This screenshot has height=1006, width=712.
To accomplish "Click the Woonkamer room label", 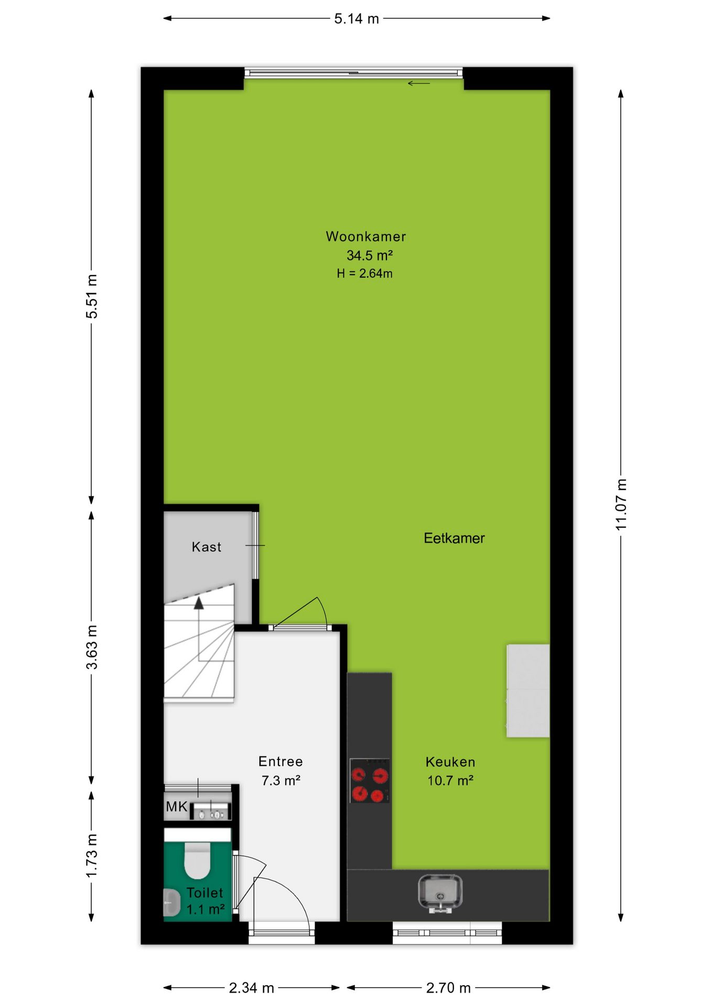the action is pyautogui.click(x=366, y=236).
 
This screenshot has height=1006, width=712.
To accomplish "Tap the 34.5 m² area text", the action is pyautogui.click(x=370, y=255).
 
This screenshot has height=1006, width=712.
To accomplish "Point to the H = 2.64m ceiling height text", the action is pyautogui.click(x=364, y=273).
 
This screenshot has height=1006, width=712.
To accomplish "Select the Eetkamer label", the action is pyautogui.click(x=454, y=538).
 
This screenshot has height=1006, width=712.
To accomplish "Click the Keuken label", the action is pyautogui.click(x=450, y=762).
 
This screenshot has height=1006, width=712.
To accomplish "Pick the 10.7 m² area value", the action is pyautogui.click(x=450, y=781).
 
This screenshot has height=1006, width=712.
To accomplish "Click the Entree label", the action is pyautogui.click(x=281, y=761).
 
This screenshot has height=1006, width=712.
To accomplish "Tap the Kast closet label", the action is pyautogui.click(x=207, y=547).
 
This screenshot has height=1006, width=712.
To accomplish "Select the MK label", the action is pyautogui.click(x=177, y=806).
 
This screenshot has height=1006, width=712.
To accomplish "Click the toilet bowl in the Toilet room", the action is pyautogui.click(x=197, y=860).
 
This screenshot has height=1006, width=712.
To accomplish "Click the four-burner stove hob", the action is pyautogui.click(x=370, y=780).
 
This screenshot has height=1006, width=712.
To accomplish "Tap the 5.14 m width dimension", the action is pyautogui.click(x=357, y=19).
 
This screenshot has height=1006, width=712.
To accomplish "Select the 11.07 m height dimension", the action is pyautogui.click(x=621, y=505).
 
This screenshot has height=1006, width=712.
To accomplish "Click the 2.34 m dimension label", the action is pyautogui.click(x=252, y=988).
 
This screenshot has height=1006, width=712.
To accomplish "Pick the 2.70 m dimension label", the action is pyautogui.click(x=448, y=988).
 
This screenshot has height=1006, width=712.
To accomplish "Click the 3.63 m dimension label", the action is pyautogui.click(x=92, y=647).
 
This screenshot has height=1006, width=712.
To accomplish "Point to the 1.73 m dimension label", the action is pyautogui.click(x=92, y=855).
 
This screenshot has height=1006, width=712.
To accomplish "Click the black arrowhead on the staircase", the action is pyautogui.click(x=199, y=603).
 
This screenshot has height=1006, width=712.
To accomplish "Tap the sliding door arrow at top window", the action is pyautogui.click(x=419, y=83).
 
